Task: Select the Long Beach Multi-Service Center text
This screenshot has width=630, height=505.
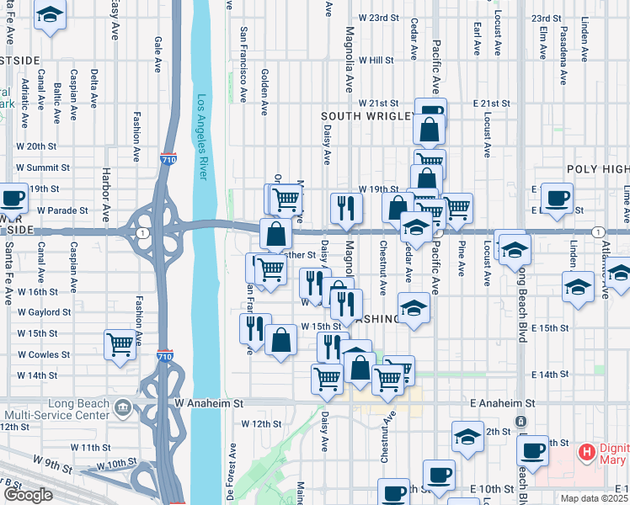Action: click(57, 410)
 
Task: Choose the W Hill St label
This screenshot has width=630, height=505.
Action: click(376, 61)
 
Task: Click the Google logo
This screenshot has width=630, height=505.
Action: click(29, 495)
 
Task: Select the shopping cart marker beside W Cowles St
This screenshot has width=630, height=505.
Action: click(120, 343)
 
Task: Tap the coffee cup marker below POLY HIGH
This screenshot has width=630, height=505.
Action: click(557, 199)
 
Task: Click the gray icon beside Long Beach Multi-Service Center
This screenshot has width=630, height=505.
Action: click(124, 410)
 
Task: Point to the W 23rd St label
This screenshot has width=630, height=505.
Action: click(377, 18)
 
